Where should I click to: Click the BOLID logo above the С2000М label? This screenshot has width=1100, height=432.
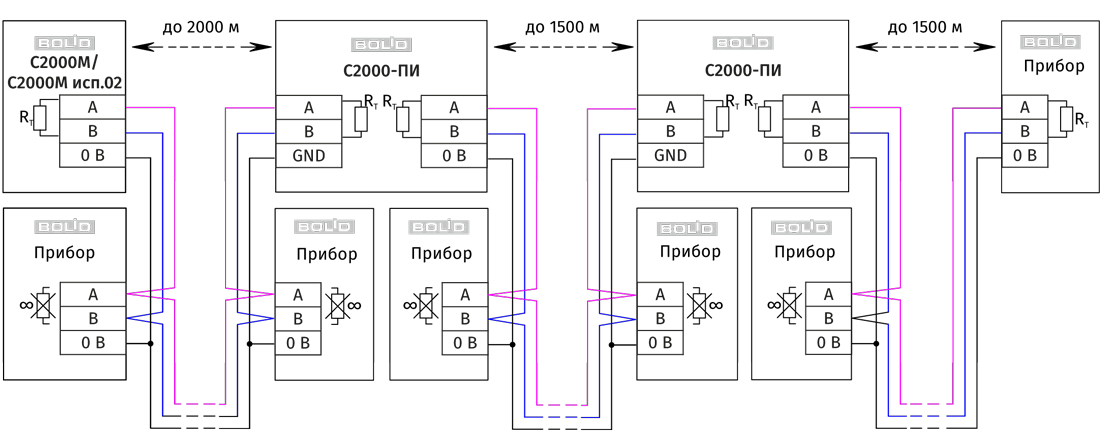point(65,43)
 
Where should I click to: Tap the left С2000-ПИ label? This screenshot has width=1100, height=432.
point(381,72)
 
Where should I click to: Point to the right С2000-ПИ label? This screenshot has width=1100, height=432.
point(743,72)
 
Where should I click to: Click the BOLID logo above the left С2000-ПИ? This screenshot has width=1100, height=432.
point(381,45)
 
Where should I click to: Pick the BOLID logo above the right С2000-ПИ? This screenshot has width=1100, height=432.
point(743,43)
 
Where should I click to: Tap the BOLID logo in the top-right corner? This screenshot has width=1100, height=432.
point(1050,42)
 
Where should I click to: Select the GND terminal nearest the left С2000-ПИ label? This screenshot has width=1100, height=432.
point(308,156)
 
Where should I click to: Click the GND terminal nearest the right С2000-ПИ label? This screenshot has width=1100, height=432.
point(670,156)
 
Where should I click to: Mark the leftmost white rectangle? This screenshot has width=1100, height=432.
point(200,272)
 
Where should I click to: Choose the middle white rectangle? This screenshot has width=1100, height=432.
point(562,272)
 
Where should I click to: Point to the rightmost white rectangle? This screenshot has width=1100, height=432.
point(926,272)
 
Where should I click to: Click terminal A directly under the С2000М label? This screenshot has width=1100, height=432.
point(92,108)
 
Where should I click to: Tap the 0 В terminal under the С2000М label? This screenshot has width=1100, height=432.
point(92,156)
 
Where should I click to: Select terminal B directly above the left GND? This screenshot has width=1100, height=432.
point(308,132)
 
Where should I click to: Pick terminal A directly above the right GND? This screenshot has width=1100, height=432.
point(670,108)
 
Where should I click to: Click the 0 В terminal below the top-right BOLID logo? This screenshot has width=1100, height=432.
point(1025,156)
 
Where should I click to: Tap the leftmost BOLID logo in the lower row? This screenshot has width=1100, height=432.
point(65,227)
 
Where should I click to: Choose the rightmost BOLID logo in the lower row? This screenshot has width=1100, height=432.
point(801,228)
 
